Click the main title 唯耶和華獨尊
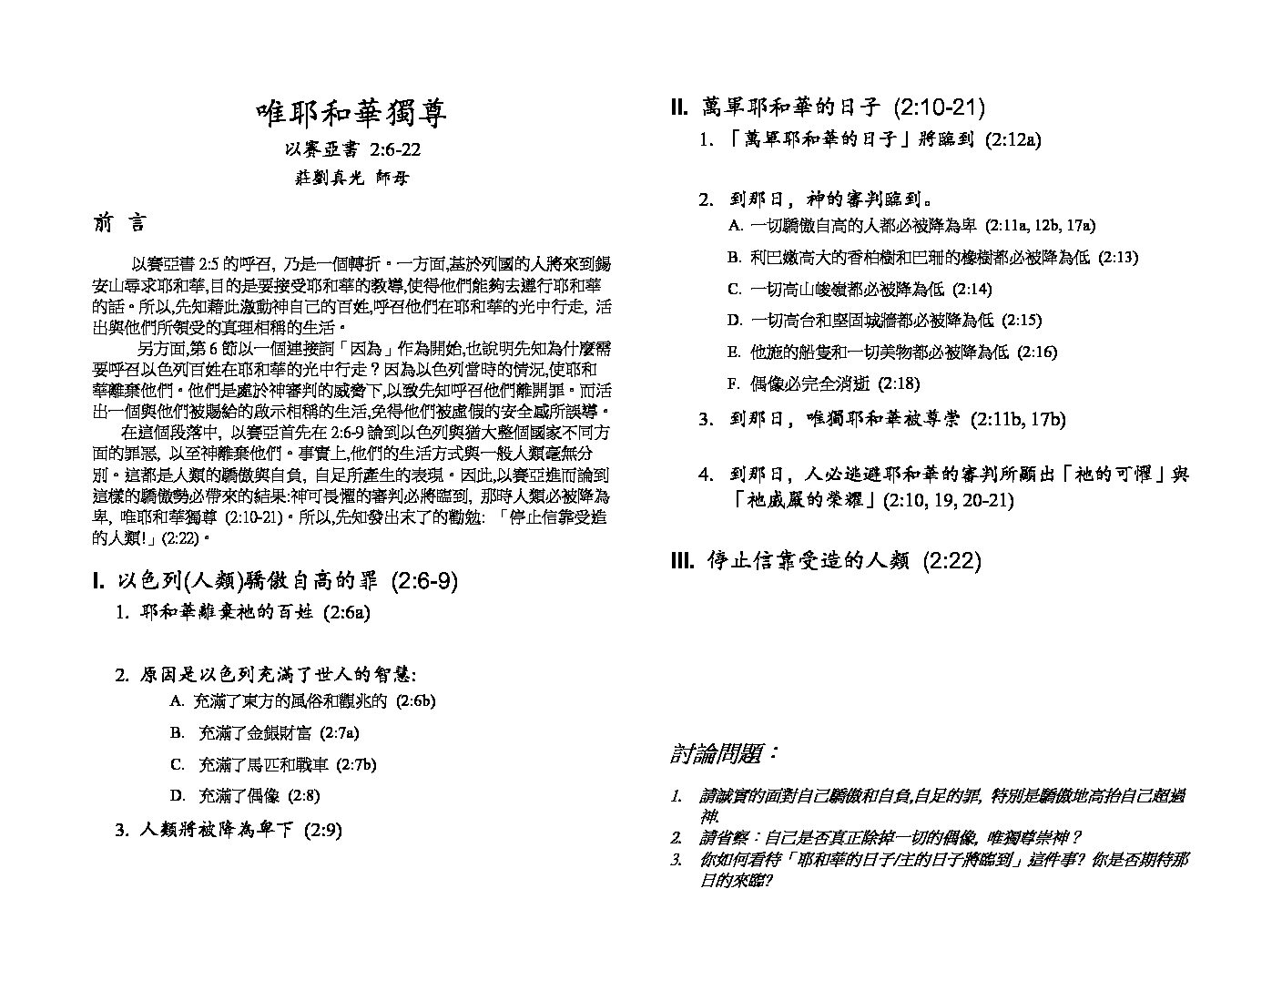351,114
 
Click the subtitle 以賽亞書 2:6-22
351,149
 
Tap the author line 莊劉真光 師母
351,178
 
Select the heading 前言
118,224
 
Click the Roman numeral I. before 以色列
99,581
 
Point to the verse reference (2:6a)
347,613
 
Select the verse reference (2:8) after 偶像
303,795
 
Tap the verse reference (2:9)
322,830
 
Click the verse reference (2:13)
1118,257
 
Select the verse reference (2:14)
972,289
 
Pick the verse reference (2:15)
1022,320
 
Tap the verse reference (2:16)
1037,352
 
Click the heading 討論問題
725,754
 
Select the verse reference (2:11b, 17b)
1017,420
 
